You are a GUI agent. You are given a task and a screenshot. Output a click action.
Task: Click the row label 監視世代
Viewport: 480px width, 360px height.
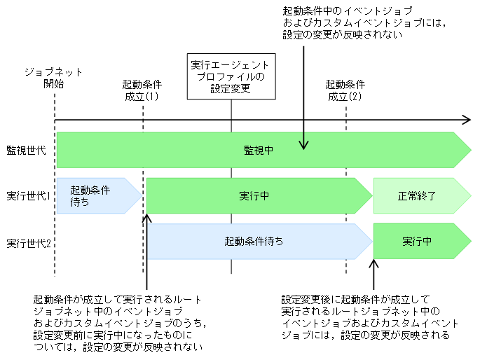[x=26, y=151]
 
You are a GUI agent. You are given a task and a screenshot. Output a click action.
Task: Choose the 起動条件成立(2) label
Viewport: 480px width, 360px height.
[x=345, y=90]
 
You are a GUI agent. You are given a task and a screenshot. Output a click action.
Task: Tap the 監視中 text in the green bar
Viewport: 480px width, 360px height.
[x=259, y=151]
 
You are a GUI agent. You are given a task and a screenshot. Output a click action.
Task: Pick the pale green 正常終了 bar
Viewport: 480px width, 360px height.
[x=418, y=195]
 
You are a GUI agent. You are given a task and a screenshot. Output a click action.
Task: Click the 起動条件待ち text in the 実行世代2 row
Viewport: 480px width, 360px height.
[x=254, y=242]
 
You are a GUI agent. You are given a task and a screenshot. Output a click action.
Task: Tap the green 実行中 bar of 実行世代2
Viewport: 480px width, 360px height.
[x=418, y=242]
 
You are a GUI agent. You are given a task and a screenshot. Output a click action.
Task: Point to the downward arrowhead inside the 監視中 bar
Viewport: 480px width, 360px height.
[x=303, y=145]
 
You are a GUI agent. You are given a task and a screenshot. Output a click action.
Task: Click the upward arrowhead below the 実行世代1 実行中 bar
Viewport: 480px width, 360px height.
[x=147, y=219]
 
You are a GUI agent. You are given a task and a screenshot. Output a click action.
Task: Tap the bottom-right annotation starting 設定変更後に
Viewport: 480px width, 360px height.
[x=370, y=317]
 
